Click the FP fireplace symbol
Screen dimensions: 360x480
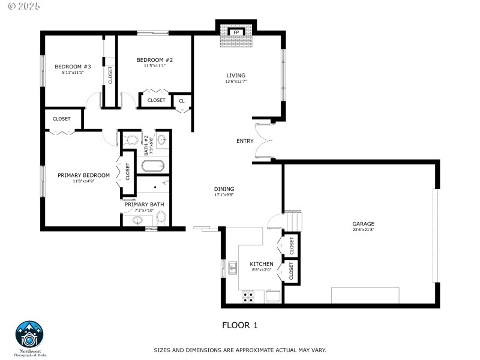236,32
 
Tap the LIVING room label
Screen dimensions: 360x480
236,75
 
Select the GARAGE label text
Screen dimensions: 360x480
363,224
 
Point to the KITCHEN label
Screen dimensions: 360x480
262,264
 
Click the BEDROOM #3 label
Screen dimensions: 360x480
73,66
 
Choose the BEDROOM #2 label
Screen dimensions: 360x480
154,59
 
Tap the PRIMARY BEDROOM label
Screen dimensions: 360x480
83,175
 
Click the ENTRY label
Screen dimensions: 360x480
245,141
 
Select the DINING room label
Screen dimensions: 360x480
224,189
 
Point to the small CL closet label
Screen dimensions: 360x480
182,101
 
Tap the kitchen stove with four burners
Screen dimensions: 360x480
248,295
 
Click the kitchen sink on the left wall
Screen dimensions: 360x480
232,267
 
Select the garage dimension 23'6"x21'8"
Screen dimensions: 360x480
363,230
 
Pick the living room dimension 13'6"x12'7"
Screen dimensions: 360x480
236,81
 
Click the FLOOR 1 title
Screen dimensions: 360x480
239,325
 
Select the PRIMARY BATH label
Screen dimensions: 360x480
144,205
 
